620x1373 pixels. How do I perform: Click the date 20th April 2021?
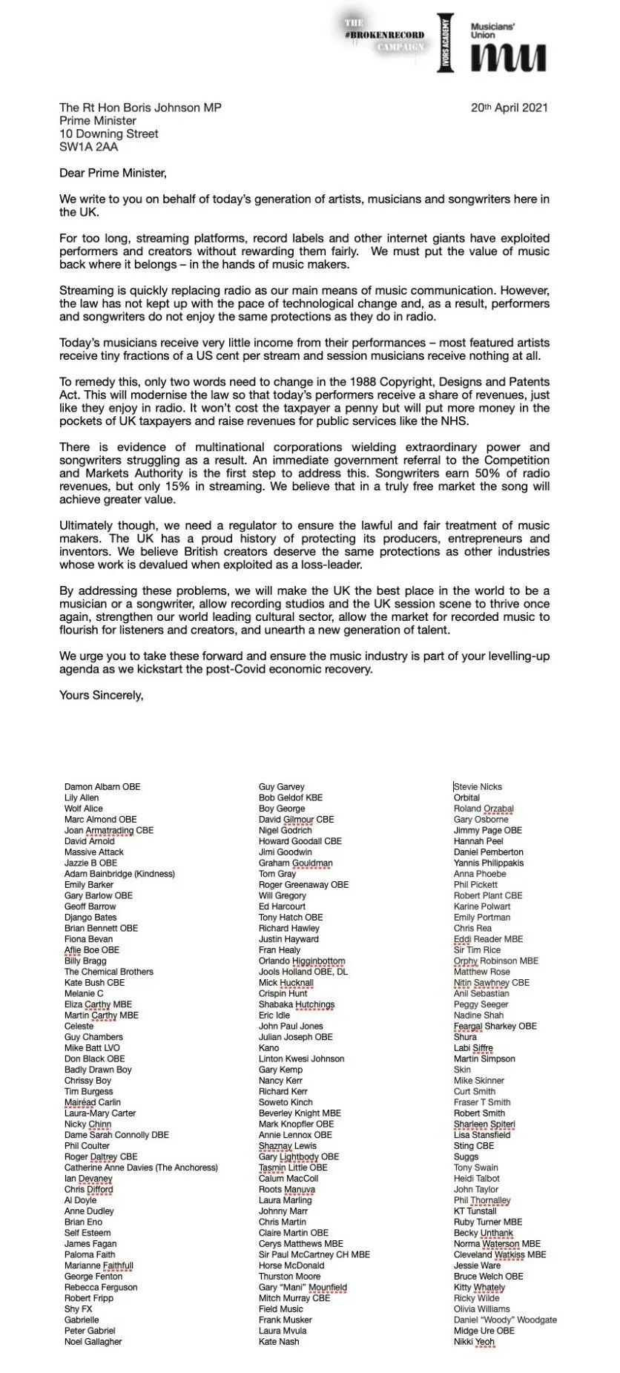coord(509,107)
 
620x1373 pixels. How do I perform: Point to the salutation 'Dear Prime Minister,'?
coord(113,173)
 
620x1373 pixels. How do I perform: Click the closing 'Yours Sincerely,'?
coord(101,695)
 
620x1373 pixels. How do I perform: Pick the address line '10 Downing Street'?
coord(109,134)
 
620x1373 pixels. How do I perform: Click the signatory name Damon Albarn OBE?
coord(102,786)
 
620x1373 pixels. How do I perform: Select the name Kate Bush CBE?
coord(94,982)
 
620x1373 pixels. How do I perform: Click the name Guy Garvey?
coord(282,786)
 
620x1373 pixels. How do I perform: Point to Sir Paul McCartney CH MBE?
coord(314,1254)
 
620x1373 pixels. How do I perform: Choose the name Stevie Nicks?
coord(478,786)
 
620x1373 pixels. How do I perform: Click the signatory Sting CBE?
coord(474,1145)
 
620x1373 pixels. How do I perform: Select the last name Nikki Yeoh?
coord(474,1341)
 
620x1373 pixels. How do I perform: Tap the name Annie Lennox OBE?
coord(295,1134)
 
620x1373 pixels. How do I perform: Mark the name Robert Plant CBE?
coord(488,895)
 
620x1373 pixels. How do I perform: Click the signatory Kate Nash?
coord(279,1341)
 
